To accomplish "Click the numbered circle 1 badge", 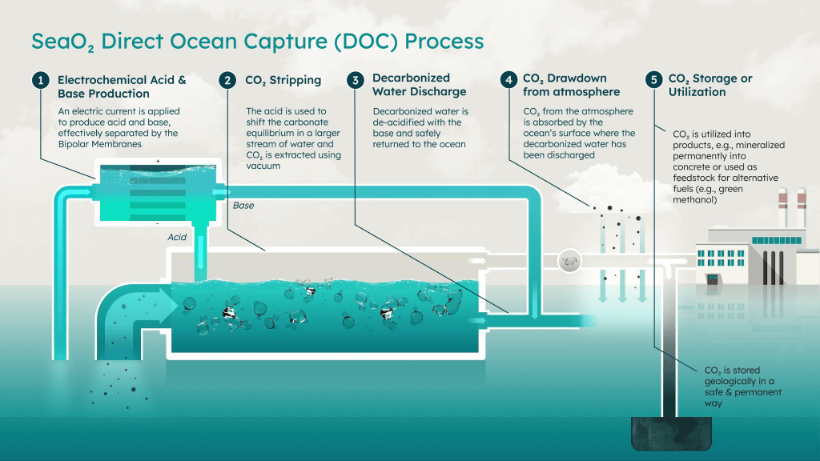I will (x=38, y=80).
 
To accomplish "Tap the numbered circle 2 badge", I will (x=229, y=80).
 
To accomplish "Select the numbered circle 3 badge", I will (x=355, y=80).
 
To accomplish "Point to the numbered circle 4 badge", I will (x=507, y=80).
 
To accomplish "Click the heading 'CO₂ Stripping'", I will (x=283, y=80).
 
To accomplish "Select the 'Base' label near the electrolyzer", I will (x=243, y=206).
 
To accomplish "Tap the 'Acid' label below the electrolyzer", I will (x=177, y=238).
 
